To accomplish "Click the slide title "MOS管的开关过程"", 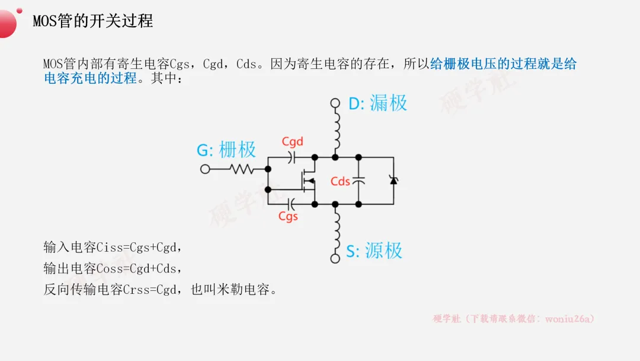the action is coord(92,21).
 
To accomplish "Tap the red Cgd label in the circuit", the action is coord(292,141).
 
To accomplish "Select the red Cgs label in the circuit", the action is coord(288,217).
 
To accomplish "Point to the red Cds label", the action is coord(340,181).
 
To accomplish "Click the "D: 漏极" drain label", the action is coord(377,103).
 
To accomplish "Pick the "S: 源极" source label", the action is coord(374,251).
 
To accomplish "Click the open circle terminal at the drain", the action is coord(335,103).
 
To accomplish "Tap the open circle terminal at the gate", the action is coord(205,169).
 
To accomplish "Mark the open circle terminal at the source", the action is coord(335,258).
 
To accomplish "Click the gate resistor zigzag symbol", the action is coord(242,169).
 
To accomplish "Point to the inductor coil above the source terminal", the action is coord(337,230).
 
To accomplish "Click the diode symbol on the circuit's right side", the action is coord(393,180).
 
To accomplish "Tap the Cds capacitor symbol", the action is coord(358,180).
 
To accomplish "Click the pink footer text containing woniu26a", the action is coord(513,319).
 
